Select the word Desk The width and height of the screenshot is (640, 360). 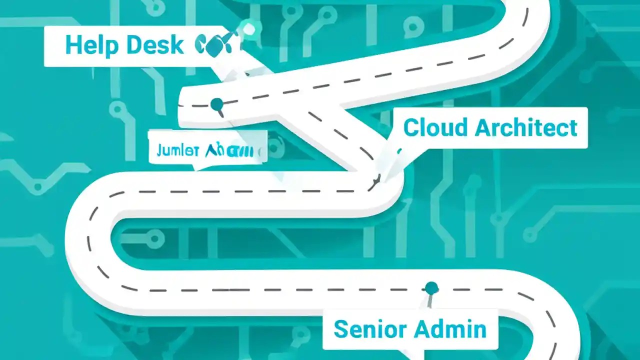point(154,45)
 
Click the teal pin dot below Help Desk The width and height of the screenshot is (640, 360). point(217,104)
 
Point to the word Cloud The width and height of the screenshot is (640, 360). point(435,127)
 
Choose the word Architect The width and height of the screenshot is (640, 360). point(526,127)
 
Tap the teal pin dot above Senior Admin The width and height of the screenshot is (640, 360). point(431,288)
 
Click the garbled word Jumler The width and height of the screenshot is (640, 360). point(178,150)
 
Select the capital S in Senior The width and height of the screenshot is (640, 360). point(341,329)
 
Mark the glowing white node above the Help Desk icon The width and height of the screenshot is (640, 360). point(248,29)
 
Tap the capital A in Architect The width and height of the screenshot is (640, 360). point(483,127)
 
